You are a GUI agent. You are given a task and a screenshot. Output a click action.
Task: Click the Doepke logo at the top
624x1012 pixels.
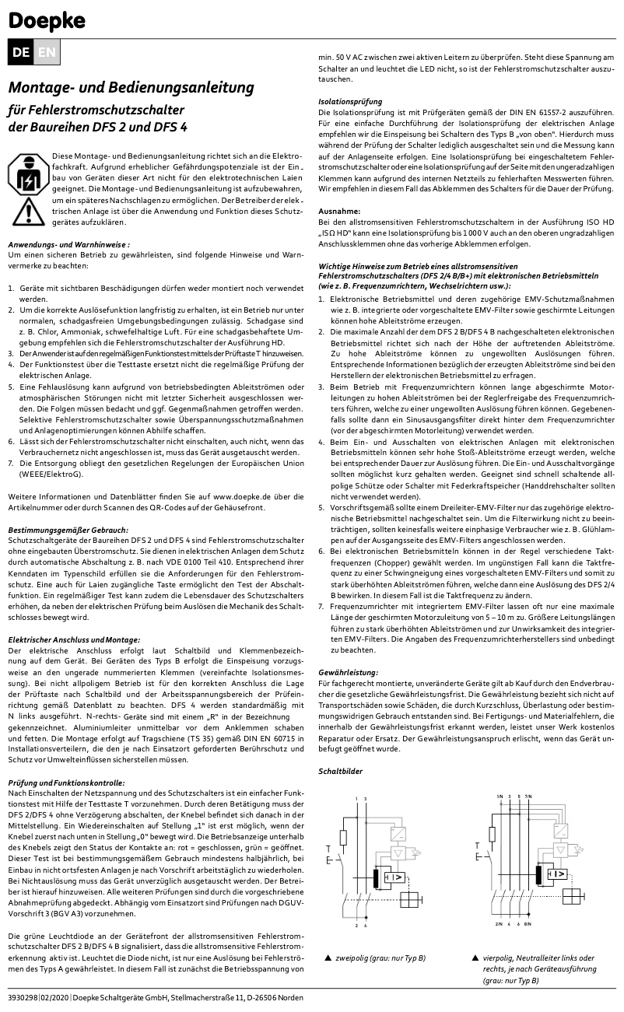click(47, 19)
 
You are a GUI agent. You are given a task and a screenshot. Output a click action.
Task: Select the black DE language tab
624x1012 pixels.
click(22, 52)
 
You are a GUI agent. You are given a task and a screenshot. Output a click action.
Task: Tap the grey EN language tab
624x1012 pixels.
click(47, 52)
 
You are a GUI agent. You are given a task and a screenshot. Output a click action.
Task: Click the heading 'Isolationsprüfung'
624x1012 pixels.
click(351, 101)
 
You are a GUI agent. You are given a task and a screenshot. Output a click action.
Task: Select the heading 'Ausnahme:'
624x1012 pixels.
click(340, 211)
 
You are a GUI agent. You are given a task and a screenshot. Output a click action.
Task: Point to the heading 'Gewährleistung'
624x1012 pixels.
click(349, 671)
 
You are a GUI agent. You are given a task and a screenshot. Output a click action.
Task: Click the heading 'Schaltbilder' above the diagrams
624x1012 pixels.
click(342, 771)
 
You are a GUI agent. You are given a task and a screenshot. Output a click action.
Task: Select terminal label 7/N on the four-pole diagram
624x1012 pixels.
click(528, 798)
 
